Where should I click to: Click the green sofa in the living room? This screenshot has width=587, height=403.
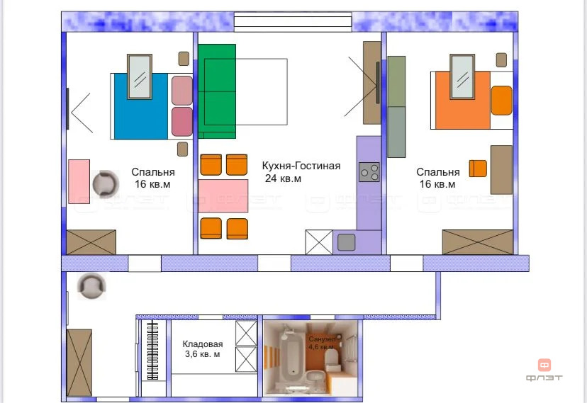click(217, 91)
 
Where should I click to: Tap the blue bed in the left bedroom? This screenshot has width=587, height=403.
click(141, 106)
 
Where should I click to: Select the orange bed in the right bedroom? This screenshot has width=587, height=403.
click(463, 100)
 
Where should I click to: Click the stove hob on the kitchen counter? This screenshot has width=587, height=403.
click(369, 172)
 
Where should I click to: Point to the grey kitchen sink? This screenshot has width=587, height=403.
click(346, 242)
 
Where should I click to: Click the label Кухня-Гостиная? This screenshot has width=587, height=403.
click(301, 166)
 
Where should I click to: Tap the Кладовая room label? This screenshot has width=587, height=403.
click(203, 344)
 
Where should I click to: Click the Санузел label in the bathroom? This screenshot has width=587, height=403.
click(321, 339)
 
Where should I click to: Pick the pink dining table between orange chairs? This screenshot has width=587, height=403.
click(223, 196)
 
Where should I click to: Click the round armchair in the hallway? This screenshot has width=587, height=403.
click(91, 286)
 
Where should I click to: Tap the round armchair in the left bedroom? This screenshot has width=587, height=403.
click(106, 183)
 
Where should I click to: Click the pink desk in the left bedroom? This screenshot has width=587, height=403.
click(79, 182)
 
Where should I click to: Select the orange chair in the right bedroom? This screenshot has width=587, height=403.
click(478, 169)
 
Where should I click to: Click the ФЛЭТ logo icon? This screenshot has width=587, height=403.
click(544, 365)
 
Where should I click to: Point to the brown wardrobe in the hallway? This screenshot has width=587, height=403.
click(79, 363)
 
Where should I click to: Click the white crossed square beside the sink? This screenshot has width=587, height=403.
click(319, 242)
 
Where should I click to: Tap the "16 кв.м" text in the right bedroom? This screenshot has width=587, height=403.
click(437, 184)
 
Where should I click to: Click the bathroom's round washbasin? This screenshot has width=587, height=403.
click(315, 376)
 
